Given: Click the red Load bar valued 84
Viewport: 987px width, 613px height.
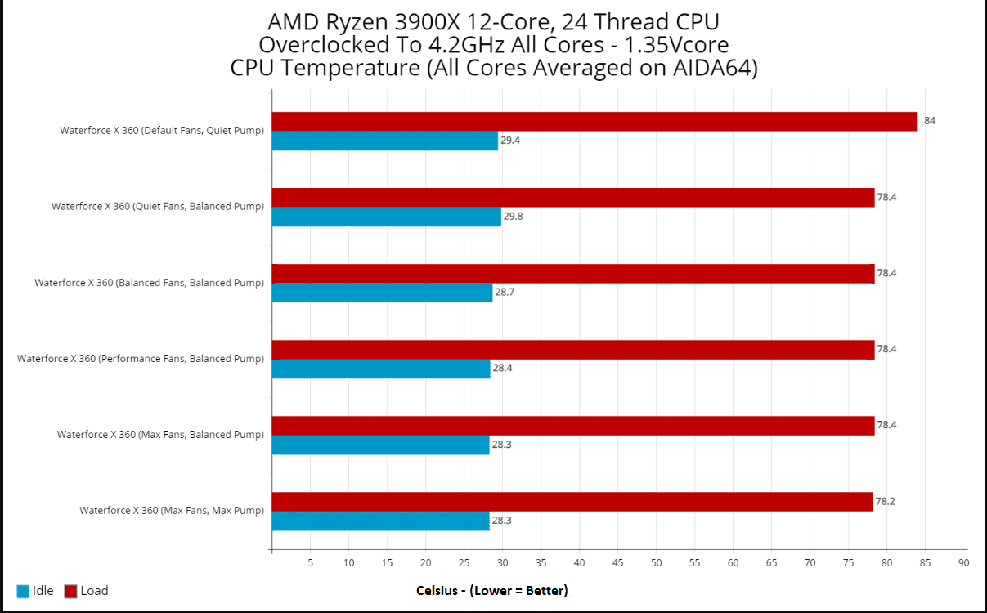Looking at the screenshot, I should tap(594, 122).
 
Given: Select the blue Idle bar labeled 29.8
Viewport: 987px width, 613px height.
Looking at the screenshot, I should tap(386, 217).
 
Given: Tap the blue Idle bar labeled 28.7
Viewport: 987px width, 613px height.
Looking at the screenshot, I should tap(382, 293).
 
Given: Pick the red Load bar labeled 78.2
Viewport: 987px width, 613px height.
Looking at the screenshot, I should tap(572, 502).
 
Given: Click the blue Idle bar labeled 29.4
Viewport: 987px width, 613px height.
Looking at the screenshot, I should tap(384, 141).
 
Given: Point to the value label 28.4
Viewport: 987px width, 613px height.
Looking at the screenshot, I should tap(503, 369).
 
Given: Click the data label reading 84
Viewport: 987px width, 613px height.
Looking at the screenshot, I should tap(930, 121).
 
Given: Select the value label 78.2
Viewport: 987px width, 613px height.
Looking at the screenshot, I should tap(886, 501).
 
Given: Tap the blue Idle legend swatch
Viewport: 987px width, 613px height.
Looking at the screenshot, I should tap(23, 591).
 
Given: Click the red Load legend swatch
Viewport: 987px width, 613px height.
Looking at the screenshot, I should tap(70, 591).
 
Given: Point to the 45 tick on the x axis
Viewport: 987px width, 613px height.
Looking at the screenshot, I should tap(617, 562).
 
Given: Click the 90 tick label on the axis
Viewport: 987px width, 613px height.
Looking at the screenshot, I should tap(963, 562).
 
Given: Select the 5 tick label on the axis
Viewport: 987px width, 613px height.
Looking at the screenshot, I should tap(310, 562).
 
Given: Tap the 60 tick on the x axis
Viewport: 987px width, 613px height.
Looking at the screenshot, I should tap(733, 562).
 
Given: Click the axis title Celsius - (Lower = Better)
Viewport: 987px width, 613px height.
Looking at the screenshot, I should tap(491, 591).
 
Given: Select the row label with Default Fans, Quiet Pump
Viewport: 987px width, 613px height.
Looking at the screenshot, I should tap(162, 131).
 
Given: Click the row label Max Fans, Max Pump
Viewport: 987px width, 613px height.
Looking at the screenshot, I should tap(172, 511).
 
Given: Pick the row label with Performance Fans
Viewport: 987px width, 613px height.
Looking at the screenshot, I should tap(141, 359).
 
